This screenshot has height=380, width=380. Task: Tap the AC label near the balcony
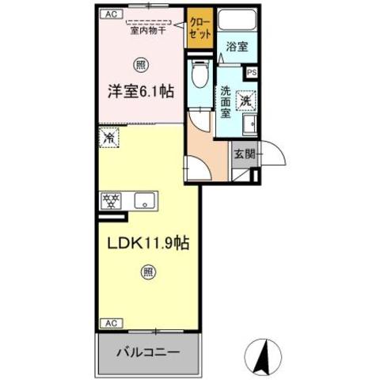point(110,323)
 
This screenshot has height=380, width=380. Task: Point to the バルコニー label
point(150,351)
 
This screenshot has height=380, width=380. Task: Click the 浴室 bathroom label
point(236,47)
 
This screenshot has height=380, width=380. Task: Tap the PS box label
point(252,73)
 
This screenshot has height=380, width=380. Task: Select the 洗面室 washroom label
point(226,101)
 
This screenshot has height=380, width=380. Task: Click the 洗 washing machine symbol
point(247,101)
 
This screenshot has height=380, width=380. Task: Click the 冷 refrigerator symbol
point(108,137)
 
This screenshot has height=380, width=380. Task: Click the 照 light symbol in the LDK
point(148,273)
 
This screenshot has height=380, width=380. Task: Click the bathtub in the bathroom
point(236,23)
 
